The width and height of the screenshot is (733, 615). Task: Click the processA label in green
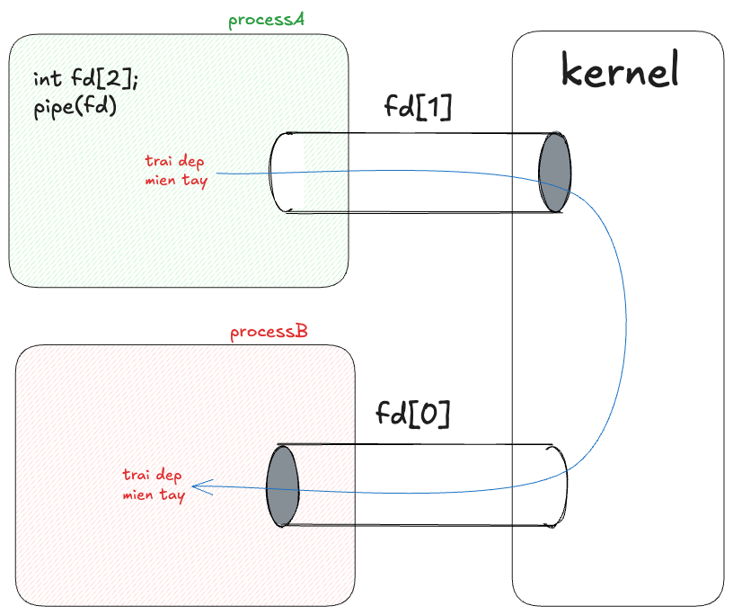[x=266, y=21]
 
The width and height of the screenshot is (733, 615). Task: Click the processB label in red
[x=269, y=333]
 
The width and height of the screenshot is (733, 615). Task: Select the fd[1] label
[x=418, y=107]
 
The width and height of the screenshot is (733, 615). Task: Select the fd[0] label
[x=412, y=414]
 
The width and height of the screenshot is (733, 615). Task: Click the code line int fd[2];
[x=86, y=80]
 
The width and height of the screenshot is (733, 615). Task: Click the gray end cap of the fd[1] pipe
[x=554, y=173]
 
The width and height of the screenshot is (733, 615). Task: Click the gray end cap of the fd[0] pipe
[x=282, y=486]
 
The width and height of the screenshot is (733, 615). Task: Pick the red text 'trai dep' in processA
[x=174, y=162]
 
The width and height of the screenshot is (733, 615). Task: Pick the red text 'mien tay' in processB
[x=154, y=495]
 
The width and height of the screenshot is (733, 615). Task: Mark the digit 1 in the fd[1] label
[x=436, y=107]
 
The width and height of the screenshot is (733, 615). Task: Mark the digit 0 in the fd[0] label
[x=428, y=414]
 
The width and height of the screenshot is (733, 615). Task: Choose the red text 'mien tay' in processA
[x=176, y=181]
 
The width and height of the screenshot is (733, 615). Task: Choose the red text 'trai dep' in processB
[x=153, y=476]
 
